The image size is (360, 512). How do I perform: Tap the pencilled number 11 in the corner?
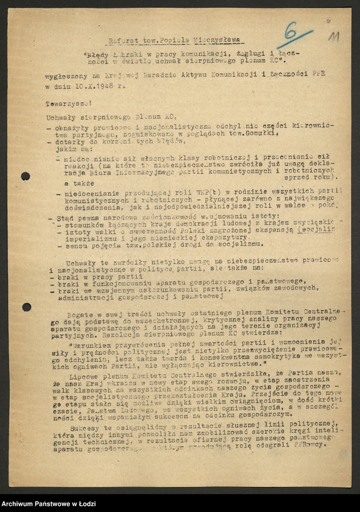click(x=333, y=38)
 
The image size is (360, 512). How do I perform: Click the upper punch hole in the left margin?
click(x=26, y=176)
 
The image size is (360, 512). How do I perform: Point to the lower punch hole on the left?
click(x=26, y=307)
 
